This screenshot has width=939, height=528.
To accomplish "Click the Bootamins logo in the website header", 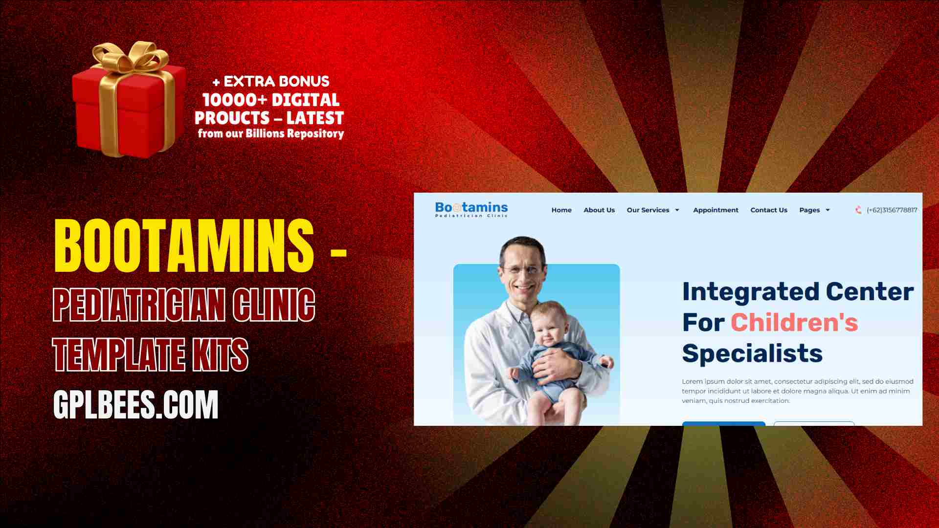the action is [x=471, y=209].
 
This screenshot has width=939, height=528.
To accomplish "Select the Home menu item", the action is [x=561, y=210].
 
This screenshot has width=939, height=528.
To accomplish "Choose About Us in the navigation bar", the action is [x=599, y=210].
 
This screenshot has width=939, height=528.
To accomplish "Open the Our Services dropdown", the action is [x=653, y=210].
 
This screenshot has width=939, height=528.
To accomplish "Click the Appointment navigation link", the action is [x=715, y=210].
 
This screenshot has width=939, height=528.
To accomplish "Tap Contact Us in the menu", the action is [x=769, y=210].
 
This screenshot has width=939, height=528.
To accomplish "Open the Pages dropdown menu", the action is [x=815, y=210].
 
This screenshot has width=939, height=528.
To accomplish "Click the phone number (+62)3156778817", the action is [x=892, y=210].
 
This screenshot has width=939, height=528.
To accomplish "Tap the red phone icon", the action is [x=858, y=210].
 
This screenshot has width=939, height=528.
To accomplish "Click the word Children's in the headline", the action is [x=794, y=323].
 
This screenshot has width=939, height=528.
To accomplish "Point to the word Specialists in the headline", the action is [x=752, y=353].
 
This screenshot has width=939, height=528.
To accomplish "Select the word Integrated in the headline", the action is [x=751, y=292].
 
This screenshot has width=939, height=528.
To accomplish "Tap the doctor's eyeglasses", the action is [x=523, y=269].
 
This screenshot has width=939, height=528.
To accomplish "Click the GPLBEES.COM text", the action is [x=135, y=404].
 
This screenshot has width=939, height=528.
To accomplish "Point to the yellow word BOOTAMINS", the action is [x=184, y=245].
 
